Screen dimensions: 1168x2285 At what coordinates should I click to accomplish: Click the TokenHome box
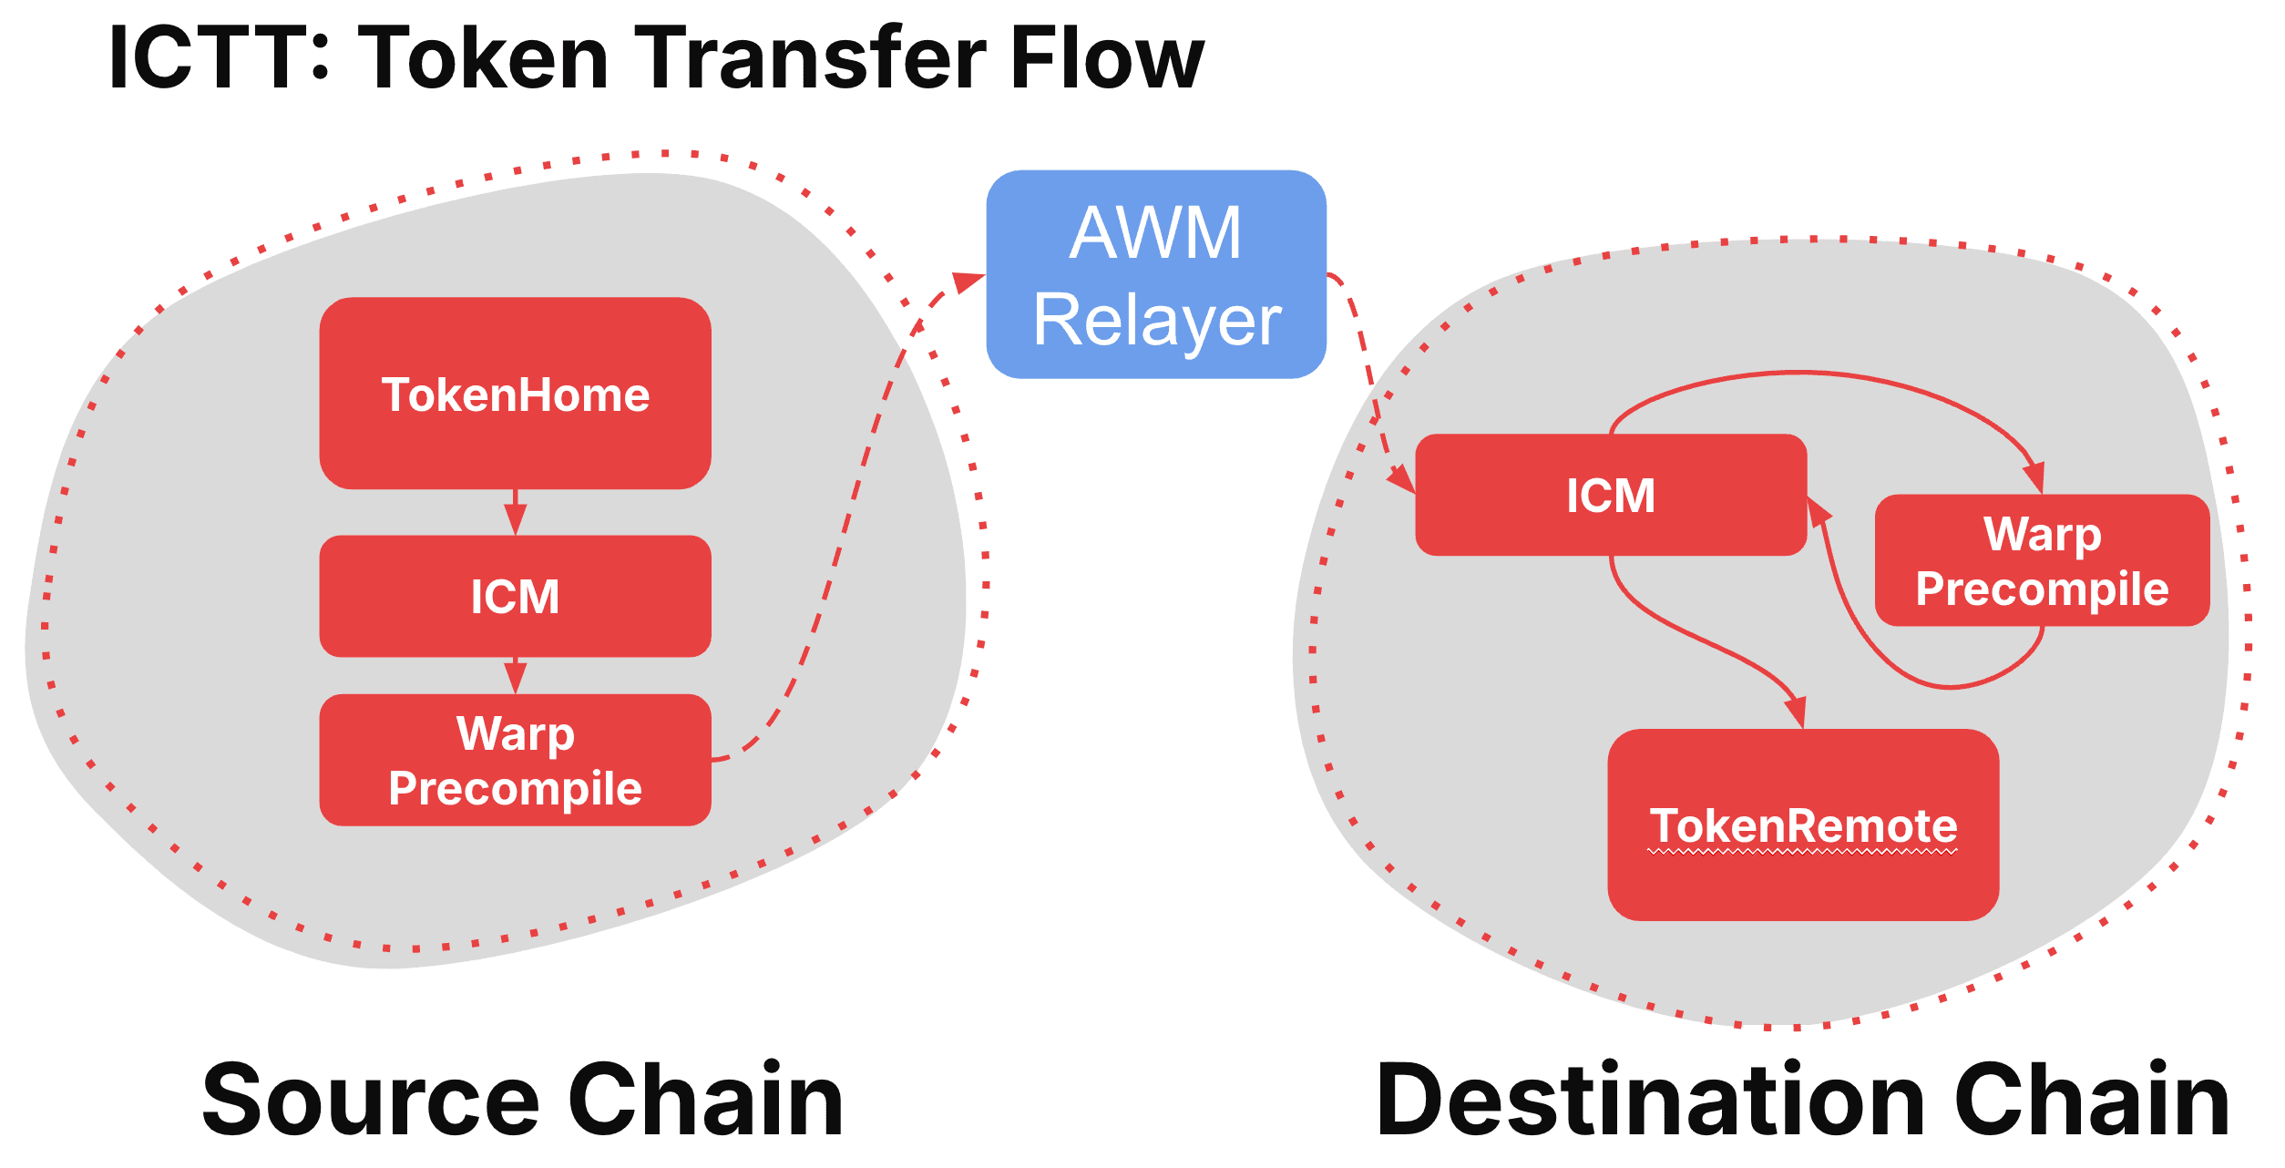pos(515,394)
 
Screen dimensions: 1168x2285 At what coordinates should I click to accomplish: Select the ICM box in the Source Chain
pos(515,596)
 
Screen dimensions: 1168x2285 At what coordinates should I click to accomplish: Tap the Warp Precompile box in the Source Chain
pos(515,760)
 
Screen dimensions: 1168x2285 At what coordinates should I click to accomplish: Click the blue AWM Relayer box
pos(1155,274)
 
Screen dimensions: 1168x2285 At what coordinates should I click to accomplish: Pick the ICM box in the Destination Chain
pos(1610,495)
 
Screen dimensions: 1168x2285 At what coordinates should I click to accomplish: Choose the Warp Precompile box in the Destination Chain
pos(2042,560)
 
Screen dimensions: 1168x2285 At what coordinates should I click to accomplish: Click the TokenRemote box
pos(1803,825)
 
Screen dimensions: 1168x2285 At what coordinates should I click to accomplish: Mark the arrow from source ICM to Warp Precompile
pos(516,676)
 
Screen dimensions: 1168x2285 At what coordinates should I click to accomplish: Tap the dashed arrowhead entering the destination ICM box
pos(1401,478)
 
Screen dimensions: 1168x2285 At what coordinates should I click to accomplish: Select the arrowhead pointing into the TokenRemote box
pos(1796,712)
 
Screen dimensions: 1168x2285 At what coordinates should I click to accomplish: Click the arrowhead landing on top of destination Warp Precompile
pos(2034,477)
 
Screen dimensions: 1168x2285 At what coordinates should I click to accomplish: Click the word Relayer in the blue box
pos(1157,321)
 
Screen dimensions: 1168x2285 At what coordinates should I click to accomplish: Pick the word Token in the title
pos(483,58)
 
